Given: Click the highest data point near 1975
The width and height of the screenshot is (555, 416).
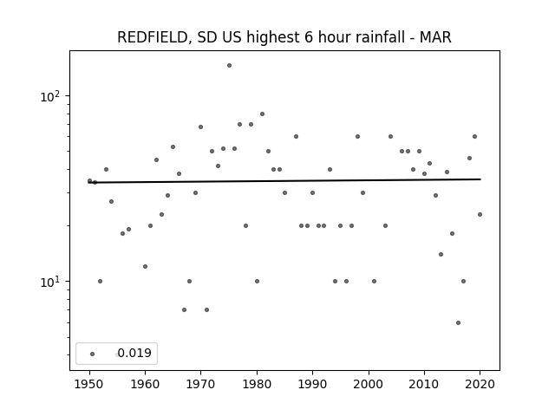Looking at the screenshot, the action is point(229,66).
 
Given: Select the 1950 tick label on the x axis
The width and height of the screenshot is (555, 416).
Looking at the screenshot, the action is point(89,384).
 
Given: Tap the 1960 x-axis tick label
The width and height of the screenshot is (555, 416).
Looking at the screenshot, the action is point(145,384).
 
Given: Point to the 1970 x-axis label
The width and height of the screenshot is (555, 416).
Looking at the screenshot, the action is point(200,384).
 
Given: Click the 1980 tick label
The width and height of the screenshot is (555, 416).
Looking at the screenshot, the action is point(257,384).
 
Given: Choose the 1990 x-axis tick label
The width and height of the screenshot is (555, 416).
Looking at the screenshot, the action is point(312,384).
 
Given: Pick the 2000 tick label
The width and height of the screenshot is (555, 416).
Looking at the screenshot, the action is point(369,384).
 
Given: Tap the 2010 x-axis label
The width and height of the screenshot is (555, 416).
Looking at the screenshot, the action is point(424,384).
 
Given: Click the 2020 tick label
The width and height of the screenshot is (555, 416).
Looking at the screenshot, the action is point(480,384).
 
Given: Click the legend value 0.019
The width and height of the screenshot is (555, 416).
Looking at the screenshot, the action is point(134,353).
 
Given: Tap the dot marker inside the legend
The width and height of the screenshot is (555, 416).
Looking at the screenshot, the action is point(93,354).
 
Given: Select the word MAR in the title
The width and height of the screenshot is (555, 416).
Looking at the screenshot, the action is point(435,37).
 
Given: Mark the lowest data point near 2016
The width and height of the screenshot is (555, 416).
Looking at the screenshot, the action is point(459,322).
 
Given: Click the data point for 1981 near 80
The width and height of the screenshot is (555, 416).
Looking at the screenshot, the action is point(262,114).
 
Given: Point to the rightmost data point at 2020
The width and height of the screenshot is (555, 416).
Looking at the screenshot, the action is point(480,214).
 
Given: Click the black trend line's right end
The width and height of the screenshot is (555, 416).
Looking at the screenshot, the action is point(480,179).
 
